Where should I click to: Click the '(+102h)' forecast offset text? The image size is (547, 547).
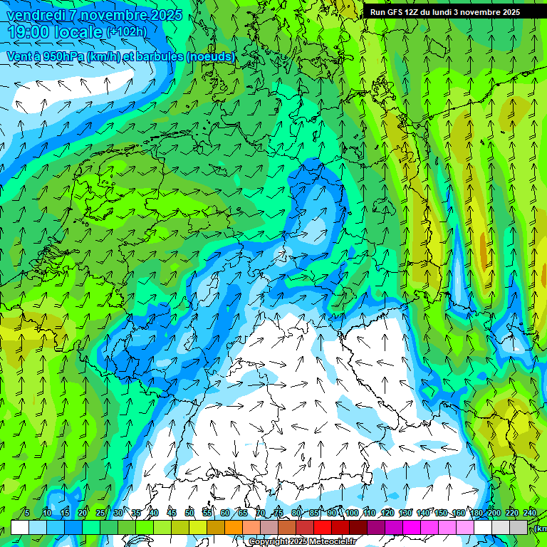pyautogui.click(x=126, y=32)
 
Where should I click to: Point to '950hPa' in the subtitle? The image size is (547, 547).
pyautogui.click(x=63, y=56)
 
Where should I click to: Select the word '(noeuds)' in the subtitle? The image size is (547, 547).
pyautogui.click(x=210, y=56)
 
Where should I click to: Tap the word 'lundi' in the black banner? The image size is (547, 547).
pyautogui.click(x=440, y=12)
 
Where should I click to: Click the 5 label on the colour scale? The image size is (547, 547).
pyautogui.click(x=26, y=513)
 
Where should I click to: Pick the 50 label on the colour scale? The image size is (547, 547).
pyautogui.click(x=189, y=513)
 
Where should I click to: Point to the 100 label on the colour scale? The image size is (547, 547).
pyautogui.click(x=351, y=513)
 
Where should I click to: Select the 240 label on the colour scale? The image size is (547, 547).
pyautogui.click(x=529, y=513)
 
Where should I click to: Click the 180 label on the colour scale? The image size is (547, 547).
pyautogui.click(x=476, y=513)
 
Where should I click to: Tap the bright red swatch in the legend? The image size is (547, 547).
pyautogui.click(x=323, y=527)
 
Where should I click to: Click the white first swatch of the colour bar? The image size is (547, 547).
pyautogui.click(x=20, y=527)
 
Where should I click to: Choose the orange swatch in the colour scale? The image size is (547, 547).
pyautogui.click(x=234, y=527)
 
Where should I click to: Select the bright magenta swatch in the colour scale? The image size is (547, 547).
pyautogui.click(x=412, y=527)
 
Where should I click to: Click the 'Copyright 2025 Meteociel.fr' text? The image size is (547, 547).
pyautogui.click(x=302, y=541)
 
